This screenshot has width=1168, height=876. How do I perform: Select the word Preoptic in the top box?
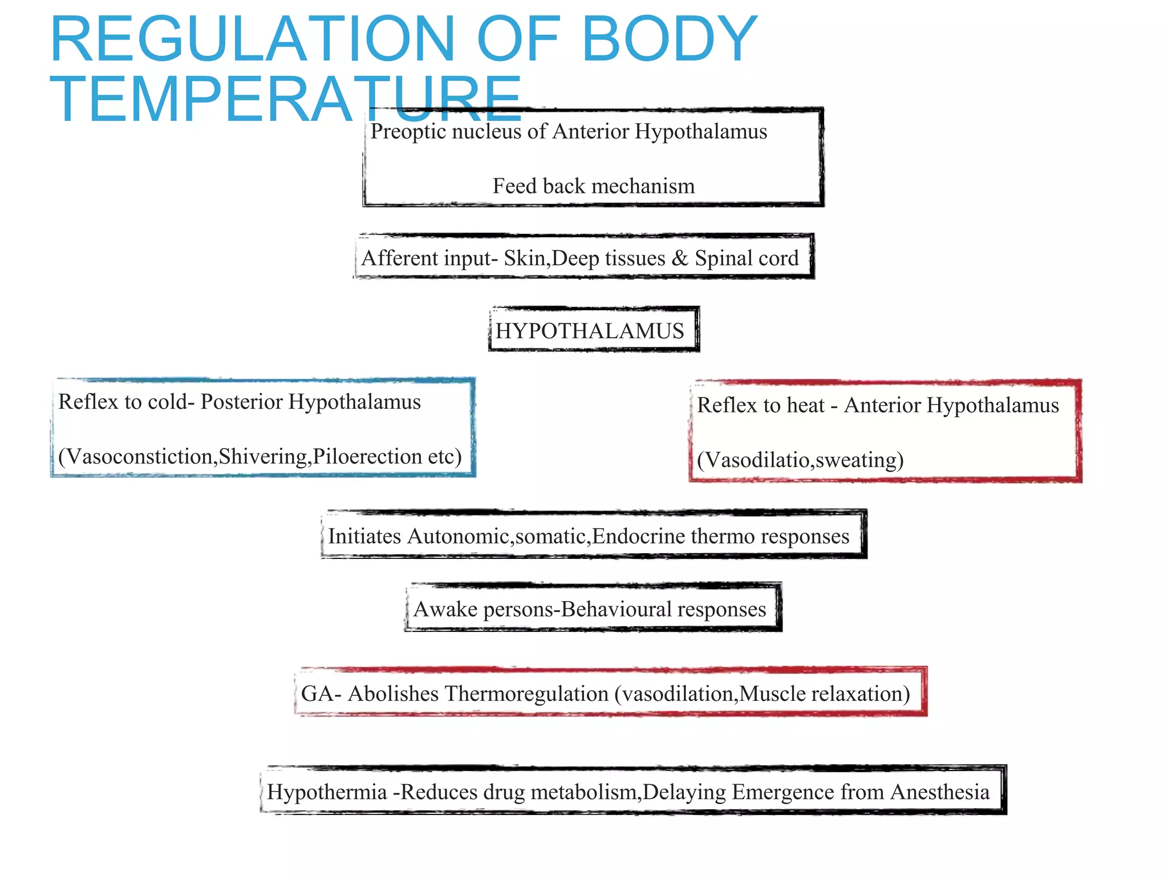click(x=407, y=132)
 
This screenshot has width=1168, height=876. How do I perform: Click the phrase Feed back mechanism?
click(x=594, y=186)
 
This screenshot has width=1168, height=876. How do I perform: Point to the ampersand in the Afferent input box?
click(x=679, y=258)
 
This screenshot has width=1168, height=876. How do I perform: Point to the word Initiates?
click(x=364, y=537)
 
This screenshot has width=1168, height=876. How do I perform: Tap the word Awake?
click(x=445, y=610)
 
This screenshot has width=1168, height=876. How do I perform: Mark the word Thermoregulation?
click(x=526, y=694)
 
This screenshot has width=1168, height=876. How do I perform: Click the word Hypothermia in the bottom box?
click(x=327, y=792)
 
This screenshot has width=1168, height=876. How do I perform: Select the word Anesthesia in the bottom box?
click(x=939, y=792)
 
